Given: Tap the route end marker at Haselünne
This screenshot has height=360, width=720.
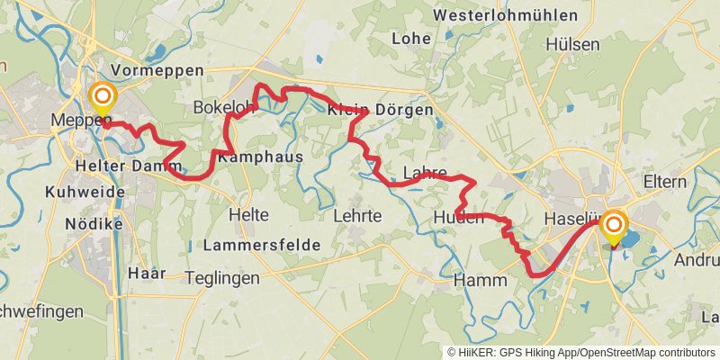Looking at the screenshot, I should [x=614, y=226].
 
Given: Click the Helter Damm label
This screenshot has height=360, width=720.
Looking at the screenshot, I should [x=122, y=166].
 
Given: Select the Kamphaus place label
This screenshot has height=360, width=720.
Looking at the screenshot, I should [x=260, y=157].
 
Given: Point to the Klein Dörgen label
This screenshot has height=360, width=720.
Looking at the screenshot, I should [x=380, y=111].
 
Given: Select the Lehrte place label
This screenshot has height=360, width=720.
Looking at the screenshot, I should [x=357, y=216].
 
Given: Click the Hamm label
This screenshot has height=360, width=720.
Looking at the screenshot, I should [x=481, y=281].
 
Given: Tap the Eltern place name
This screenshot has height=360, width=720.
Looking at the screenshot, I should [x=665, y=182].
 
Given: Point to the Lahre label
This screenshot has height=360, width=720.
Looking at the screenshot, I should [x=425, y=172].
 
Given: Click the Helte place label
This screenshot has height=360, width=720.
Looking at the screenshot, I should [x=248, y=215].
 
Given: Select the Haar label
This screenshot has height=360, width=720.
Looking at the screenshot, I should [x=148, y=274].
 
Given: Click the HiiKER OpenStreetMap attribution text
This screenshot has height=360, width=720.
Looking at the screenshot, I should [x=581, y=352].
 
